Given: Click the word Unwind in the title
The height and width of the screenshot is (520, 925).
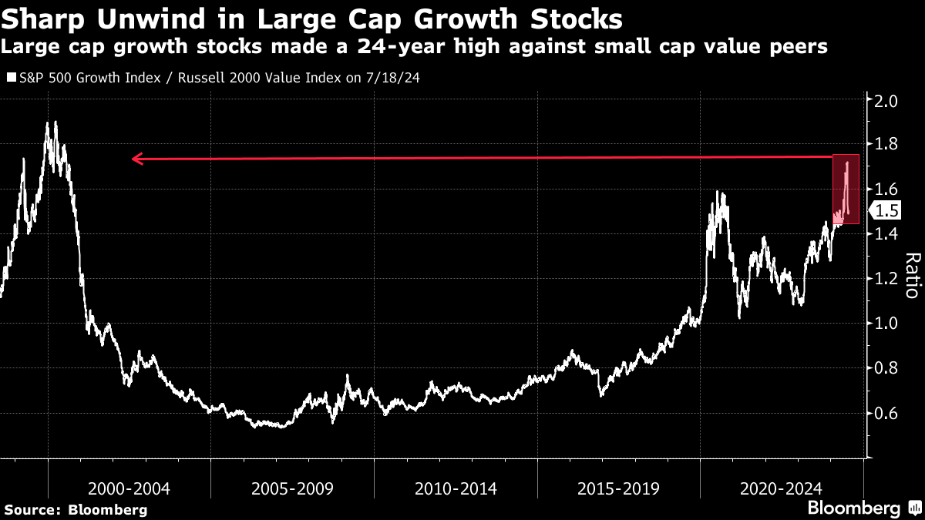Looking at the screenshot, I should [129, 17].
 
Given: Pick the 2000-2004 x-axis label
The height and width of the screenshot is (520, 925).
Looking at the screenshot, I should [129, 488].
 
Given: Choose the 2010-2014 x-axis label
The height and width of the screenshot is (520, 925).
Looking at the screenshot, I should [456, 488].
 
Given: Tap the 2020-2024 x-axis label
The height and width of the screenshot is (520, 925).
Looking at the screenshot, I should [781, 488].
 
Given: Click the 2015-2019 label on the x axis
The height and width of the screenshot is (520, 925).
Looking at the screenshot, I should [618, 488].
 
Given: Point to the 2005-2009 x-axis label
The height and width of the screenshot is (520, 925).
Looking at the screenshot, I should [292, 488].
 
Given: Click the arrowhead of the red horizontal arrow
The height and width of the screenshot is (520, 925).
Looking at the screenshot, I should [137, 159].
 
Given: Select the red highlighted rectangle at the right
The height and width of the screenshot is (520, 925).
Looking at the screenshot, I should [846, 190].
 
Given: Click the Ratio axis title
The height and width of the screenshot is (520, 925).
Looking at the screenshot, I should [911, 275].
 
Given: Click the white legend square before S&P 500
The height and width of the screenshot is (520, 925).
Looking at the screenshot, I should [11, 78].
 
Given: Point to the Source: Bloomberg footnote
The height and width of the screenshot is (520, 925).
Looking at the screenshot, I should [76, 509].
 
